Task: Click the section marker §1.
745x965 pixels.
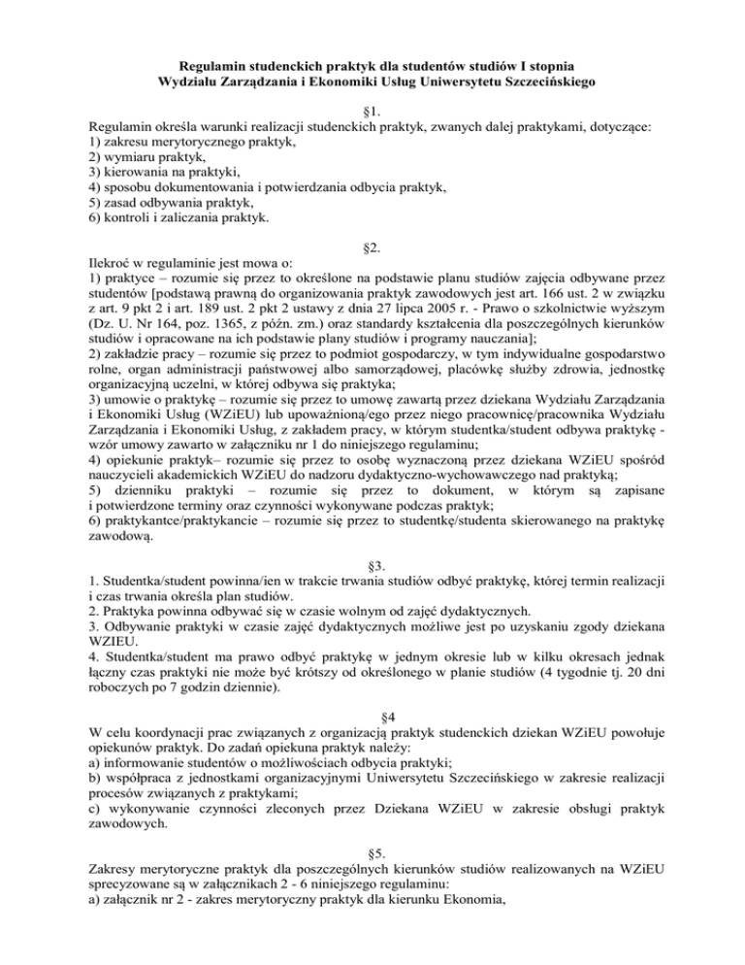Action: coord(372,111)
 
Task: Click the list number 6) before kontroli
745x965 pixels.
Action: coord(94,217)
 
